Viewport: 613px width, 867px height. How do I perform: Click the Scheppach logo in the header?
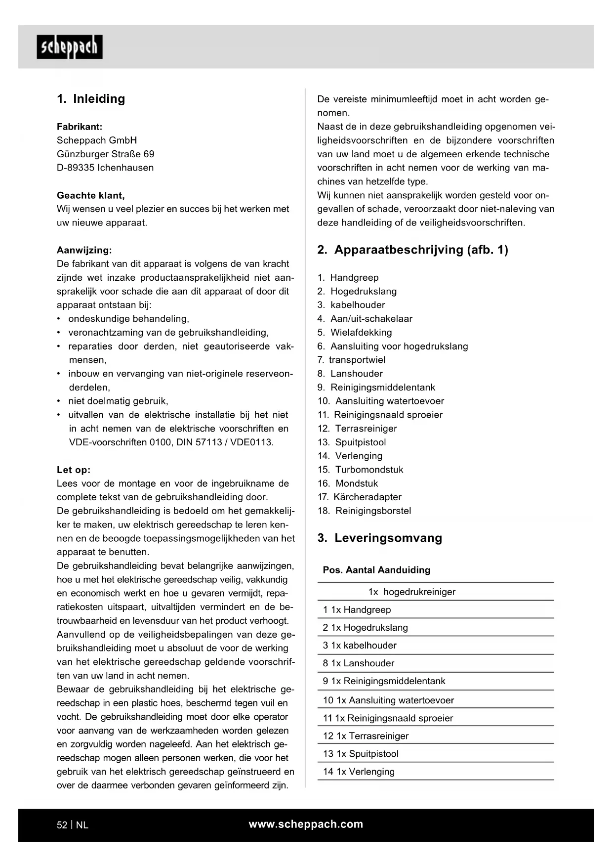pos(69,47)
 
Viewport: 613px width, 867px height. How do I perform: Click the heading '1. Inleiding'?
pos(91,99)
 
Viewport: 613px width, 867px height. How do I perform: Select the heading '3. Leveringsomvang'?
pos(379,538)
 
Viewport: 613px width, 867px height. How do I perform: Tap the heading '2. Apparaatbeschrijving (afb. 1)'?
pos(412,250)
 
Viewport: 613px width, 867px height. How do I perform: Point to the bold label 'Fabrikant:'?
pos(80,127)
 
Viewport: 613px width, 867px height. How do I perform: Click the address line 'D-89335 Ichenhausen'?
pos(105,168)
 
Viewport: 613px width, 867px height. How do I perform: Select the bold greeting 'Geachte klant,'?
pos(91,195)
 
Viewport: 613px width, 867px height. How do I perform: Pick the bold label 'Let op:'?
pos(74,470)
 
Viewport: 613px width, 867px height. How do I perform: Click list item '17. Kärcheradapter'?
pos(359,497)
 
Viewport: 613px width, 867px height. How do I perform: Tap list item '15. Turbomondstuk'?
pos(360,470)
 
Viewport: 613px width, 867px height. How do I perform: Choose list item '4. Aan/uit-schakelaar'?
pos(365,319)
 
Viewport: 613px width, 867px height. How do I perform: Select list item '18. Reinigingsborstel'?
pos(364,511)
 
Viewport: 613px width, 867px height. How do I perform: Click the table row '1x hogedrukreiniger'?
pos(411,592)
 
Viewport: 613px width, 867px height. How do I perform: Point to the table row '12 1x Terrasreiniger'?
pos(366,736)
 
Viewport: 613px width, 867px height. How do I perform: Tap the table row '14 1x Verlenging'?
pos(359,772)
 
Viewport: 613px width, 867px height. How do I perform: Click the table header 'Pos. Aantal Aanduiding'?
pos(376,570)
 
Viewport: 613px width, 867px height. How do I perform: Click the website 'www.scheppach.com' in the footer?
pos(306,824)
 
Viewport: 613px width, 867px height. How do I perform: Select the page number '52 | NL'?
pos(73,825)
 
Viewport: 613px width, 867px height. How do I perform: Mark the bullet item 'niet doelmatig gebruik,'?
pos(118,401)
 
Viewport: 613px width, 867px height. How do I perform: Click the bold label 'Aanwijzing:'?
pos(84,250)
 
